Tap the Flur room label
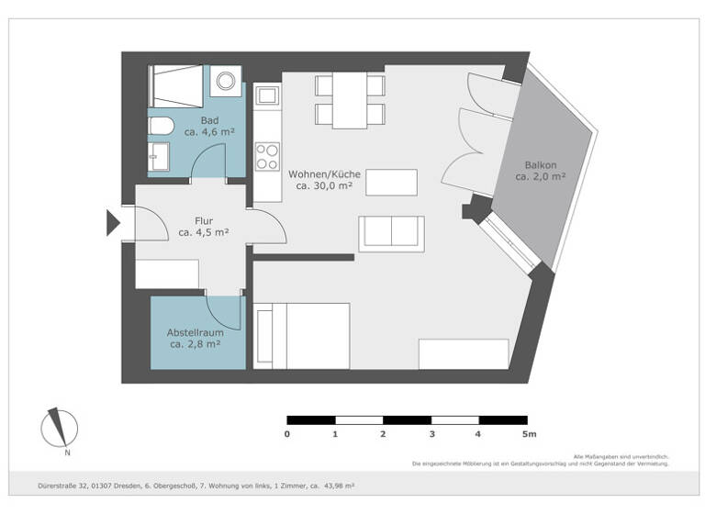204,220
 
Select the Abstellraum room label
196,332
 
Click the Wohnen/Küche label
324,173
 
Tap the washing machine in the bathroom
225,82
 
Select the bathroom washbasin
159,156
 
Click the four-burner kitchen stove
267,156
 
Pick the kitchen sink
267,95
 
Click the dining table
349,100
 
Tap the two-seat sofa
392,232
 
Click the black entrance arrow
114,222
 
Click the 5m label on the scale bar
528,434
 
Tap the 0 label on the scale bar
287,434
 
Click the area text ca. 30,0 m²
324,186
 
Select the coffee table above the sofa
391,182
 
